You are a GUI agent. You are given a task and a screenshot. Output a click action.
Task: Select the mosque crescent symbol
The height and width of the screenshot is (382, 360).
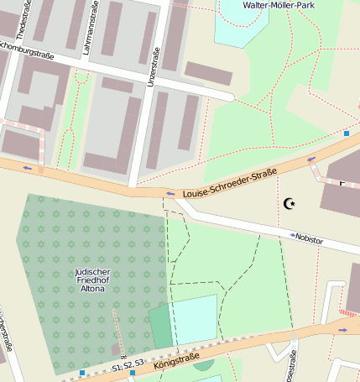coord(290,202)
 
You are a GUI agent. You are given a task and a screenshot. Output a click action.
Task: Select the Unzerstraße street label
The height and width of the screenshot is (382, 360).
coord(154,69)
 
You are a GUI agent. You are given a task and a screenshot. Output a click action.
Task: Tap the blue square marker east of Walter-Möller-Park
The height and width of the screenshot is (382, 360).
coord(347,133)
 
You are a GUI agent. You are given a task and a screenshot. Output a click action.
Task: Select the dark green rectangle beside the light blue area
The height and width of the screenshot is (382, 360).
coord(160,327)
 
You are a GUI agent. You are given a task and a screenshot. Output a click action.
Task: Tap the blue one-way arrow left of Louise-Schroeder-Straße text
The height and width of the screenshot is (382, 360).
coord(170,194)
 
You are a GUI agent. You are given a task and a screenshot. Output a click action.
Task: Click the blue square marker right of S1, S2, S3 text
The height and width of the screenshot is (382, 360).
coord(132,371)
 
